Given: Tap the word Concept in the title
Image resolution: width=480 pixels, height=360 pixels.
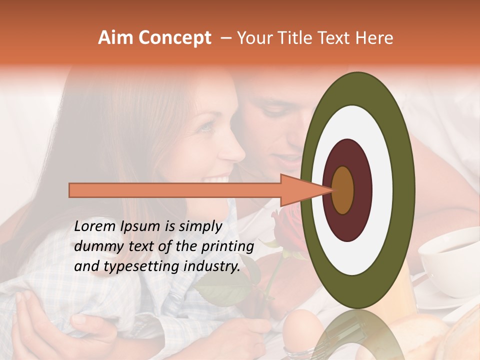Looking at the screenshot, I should coord(174,38).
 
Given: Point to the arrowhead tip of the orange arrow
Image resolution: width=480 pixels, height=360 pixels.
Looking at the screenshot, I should coord(332,190).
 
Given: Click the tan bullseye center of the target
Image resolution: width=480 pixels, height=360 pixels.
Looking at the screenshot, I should coord(343,190).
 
